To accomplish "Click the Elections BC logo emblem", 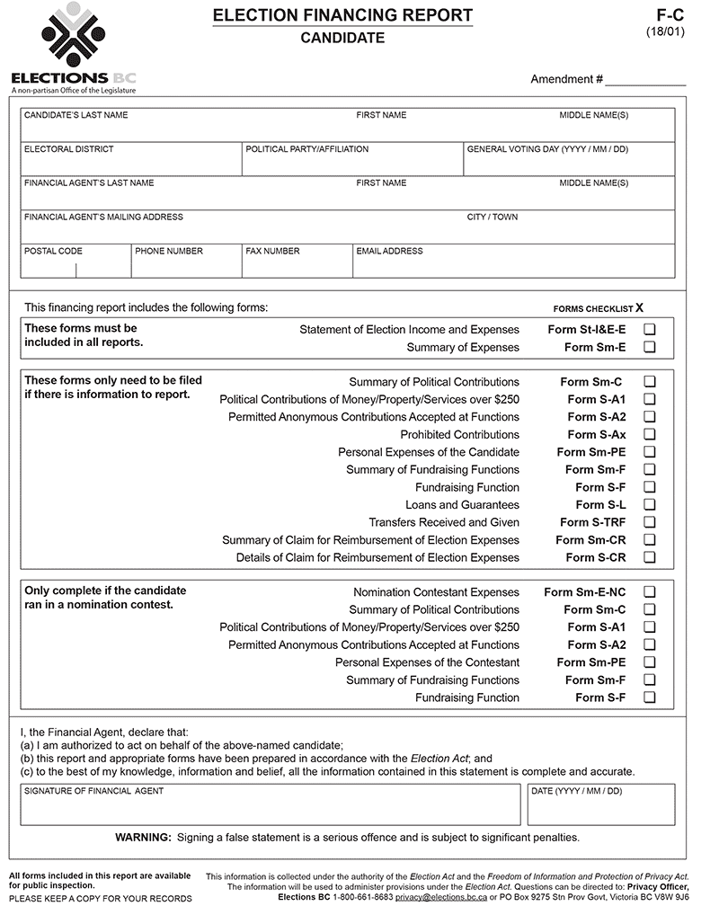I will click(x=73, y=36).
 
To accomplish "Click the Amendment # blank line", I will click(x=644, y=80).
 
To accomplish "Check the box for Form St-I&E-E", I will click(x=650, y=330).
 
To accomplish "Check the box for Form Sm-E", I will click(x=650, y=347).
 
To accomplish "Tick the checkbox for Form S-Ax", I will click(x=650, y=435).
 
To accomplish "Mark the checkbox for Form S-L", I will click(x=650, y=505).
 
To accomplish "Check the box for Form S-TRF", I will click(x=650, y=522).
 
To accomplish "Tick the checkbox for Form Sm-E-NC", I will click(x=650, y=592).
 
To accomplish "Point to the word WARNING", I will click(x=143, y=838).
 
